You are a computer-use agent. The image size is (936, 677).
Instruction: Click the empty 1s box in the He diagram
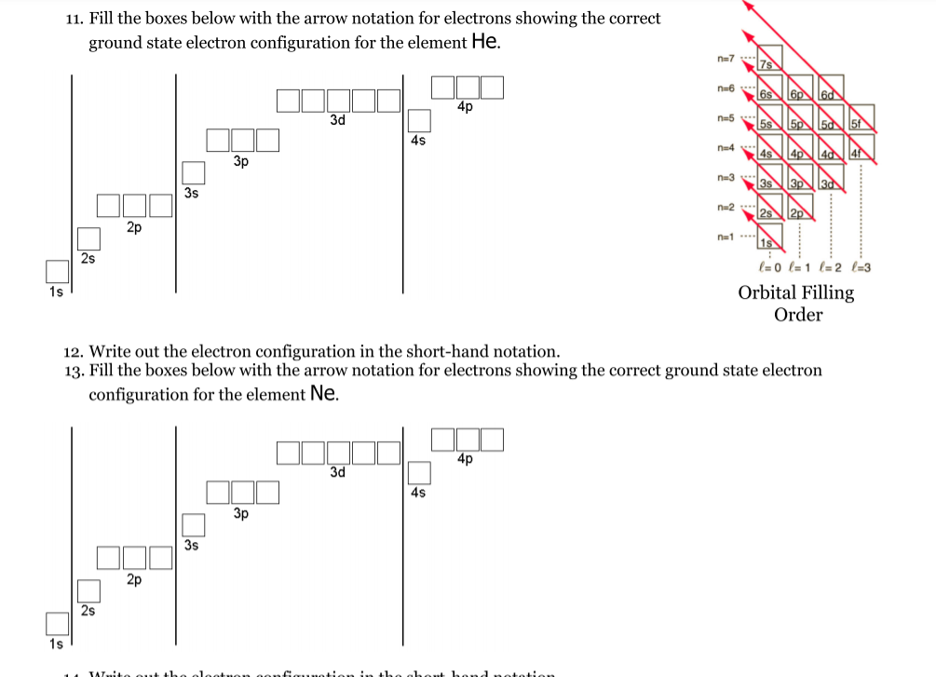click(x=58, y=271)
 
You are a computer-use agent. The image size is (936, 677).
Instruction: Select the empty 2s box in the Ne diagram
click(x=88, y=590)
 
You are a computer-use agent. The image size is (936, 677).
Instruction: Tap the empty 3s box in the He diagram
click(x=193, y=173)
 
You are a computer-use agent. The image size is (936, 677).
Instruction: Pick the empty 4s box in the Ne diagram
click(x=419, y=473)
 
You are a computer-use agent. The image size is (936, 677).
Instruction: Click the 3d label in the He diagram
click(x=338, y=120)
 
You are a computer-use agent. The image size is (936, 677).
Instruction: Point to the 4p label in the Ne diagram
click(x=466, y=459)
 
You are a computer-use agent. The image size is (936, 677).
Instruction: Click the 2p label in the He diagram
click(x=134, y=226)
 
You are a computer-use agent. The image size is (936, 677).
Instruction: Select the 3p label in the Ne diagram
click(x=241, y=513)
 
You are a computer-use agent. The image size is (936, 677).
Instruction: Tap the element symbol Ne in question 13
click(x=323, y=393)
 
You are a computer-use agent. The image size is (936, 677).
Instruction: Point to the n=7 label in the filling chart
click(x=726, y=59)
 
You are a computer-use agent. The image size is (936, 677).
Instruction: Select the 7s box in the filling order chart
click(x=768, y=63)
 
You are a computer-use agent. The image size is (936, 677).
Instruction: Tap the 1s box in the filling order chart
click(x=768, y=242)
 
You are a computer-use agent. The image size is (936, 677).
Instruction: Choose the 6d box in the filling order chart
click(x=828, y=93)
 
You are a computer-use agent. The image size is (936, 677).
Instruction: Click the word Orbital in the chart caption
click(x=769, y=292)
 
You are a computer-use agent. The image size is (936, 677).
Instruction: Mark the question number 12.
click(x=74, y=352)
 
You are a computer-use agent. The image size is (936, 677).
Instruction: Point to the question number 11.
click(x=76, y=19)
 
